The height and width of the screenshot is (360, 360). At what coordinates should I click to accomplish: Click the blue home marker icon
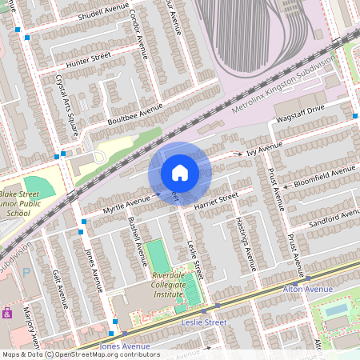[x=179, y=173]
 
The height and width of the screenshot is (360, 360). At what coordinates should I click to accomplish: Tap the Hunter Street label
[x=88, y=57]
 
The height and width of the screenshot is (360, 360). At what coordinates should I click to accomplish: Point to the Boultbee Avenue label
[x=134, y=113]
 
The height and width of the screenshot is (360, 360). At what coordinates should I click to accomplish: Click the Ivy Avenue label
[x=264, y=149]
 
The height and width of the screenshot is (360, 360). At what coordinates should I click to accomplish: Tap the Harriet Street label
[x=216, y=201]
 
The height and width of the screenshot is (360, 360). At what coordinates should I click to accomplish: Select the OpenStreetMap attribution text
[x=80, y=354]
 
